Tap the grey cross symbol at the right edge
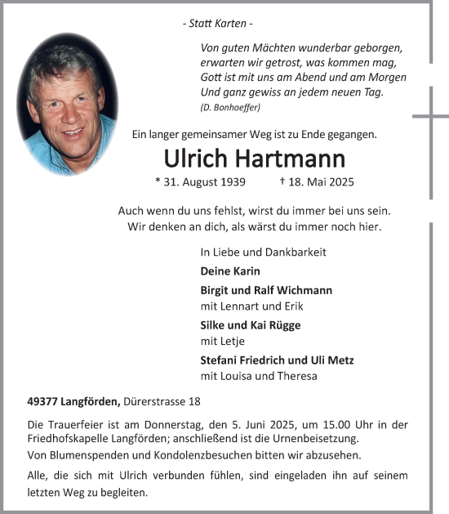[430, 117]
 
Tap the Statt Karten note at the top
[217, 25]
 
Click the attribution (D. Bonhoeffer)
[231, 108]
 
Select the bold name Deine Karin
[229, 271]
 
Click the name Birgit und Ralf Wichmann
[266, 290]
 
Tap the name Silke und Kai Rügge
[250, 325]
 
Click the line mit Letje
[220, 342]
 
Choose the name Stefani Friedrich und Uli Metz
[277, 360]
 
